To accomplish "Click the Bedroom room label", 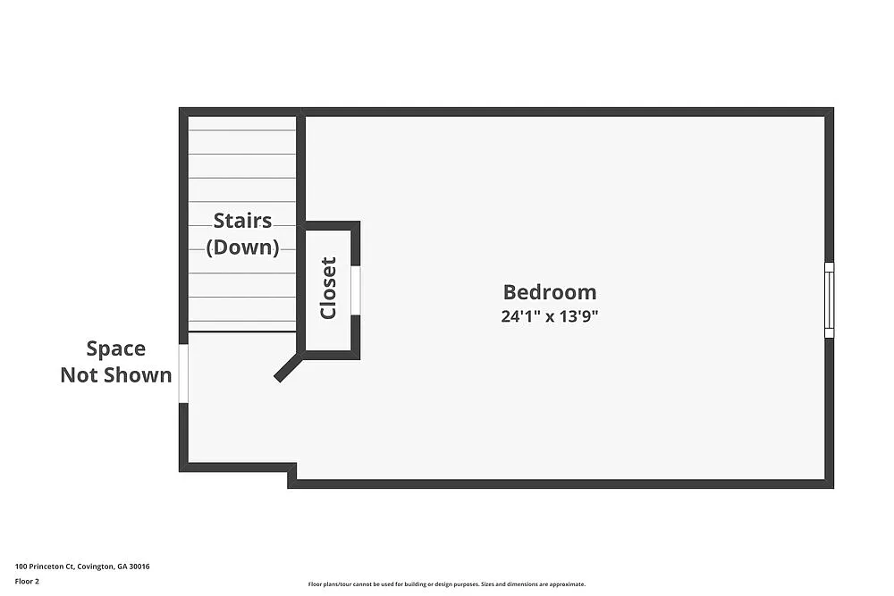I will (549, 292).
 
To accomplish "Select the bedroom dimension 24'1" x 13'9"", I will (549, 316).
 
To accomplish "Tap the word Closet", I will (328, 288).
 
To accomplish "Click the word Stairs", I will (242, 221).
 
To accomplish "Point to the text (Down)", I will (242, 247).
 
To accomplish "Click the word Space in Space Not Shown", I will (115, 348).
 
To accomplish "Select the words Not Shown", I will (115, 375).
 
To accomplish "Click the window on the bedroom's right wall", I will (829, 299).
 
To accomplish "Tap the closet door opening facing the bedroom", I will (355, 290).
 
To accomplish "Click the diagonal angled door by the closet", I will (288, 367).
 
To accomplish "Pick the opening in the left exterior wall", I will (183, 374).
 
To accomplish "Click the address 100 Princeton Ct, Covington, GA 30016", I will (82, 567).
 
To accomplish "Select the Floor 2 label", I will (27, 581).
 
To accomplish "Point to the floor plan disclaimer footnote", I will (446, 583).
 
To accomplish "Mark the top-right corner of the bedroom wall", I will (829, 113).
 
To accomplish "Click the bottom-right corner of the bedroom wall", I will (829, 483).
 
